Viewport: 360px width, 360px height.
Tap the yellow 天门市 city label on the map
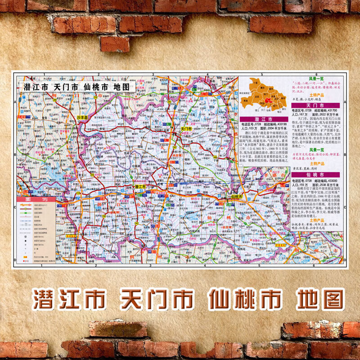point(186,129)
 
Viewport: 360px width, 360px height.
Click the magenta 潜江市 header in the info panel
point(261,119)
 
